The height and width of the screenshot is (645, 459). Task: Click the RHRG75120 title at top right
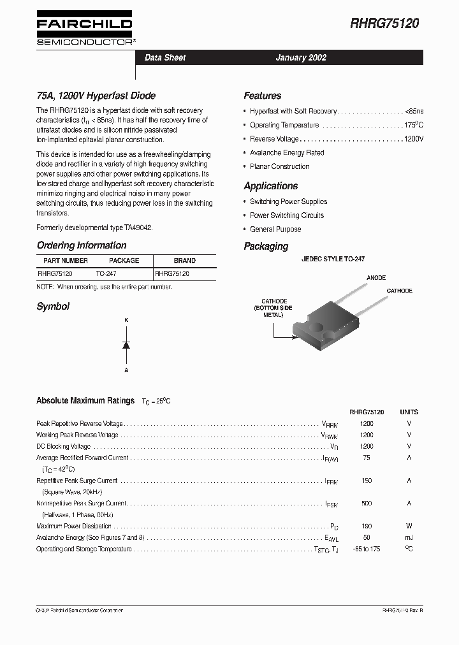coord(384,24)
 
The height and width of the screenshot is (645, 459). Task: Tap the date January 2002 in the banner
coord(301,57)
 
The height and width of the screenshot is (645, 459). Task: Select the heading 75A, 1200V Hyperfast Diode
coord(96,96)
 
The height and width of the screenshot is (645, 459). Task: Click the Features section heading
coord(262,96)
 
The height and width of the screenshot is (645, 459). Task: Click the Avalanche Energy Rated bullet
coord(287,153)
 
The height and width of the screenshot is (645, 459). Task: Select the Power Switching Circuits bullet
coord(287,215)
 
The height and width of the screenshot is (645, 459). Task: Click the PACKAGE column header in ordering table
coord(124,261)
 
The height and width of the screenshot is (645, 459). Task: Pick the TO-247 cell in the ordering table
coord(106,273)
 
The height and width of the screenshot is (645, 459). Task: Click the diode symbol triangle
coord(126,345)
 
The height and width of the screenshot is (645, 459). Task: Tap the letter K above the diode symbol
coord(126,319)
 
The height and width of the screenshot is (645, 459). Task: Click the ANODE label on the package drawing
coord(376,278)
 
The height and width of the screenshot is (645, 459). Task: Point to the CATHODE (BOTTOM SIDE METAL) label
coord(274,308)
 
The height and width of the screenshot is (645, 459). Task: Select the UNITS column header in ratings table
coord(409,412)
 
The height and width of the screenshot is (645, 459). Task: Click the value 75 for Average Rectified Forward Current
coord(367,458)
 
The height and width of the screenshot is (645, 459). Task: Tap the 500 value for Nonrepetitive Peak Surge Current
coord(367,504)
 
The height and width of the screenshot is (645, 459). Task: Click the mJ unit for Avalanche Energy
coord(409,537)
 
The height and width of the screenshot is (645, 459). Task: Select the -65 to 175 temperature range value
coord(367,549)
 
